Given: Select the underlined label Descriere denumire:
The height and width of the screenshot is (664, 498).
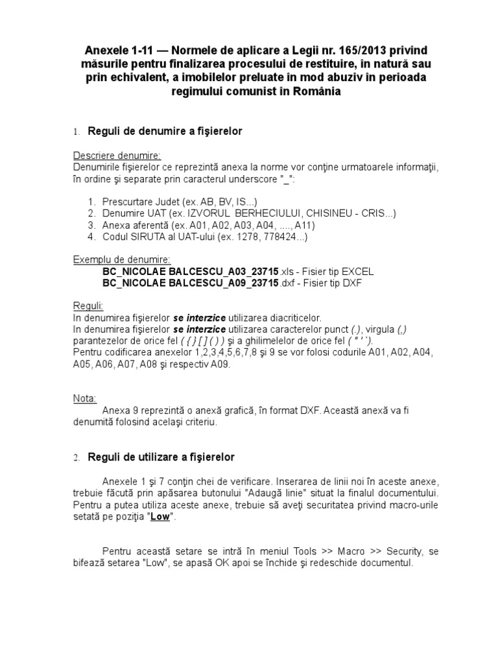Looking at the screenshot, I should click(117, 156).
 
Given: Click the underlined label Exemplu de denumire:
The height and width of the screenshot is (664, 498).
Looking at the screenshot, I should click(122, 259).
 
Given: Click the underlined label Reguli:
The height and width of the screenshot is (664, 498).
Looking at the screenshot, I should click(88, 305).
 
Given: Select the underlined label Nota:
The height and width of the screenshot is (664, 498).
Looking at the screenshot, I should click(85, 397).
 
